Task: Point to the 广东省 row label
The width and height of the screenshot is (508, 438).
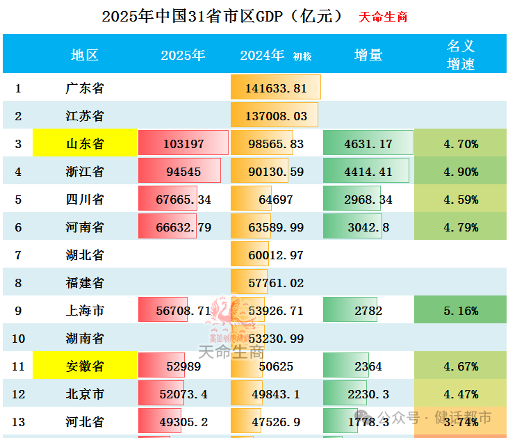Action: coord(85,88)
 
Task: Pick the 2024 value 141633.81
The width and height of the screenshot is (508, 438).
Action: coord(276,88)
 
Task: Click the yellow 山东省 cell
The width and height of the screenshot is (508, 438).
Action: coord(85,144)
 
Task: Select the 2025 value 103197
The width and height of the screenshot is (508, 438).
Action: coord(183,144)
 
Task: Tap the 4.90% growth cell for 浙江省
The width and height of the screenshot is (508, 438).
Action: coord(461,172)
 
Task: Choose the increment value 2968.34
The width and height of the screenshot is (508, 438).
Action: coord(368,200)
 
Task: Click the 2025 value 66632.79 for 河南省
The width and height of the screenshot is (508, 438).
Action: coord(183,227)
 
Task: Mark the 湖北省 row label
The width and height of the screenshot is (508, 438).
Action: coord(85,255)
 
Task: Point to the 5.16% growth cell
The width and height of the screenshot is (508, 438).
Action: coord(461,311)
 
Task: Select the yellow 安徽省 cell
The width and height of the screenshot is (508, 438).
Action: coord(85,366)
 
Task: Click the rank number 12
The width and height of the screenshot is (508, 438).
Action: coord(18,394)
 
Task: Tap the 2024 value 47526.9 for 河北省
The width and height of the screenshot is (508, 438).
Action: coord(276,422)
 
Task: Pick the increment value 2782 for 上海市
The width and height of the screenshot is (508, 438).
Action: coord(368,311)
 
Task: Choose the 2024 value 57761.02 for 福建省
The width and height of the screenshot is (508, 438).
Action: coord(276,283)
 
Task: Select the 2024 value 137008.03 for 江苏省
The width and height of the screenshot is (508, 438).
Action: coord(276,116)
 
